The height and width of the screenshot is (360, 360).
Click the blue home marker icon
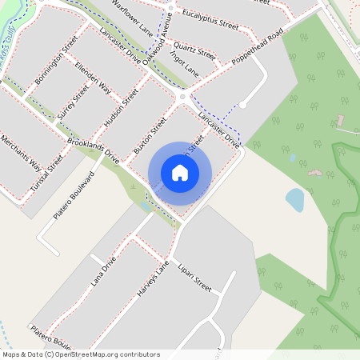(x=180, y=172)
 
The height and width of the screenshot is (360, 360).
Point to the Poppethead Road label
(x=258, y=50)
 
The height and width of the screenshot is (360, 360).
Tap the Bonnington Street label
(x=56, y=61)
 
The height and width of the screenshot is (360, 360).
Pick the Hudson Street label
(x=122, y=108)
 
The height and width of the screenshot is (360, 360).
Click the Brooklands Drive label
(x=94, y=150)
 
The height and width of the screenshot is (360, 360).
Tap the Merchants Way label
(x=20, y=154)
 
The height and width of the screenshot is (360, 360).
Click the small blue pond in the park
(x=295, y=199)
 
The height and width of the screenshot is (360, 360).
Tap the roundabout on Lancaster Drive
(x=183, y=97)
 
